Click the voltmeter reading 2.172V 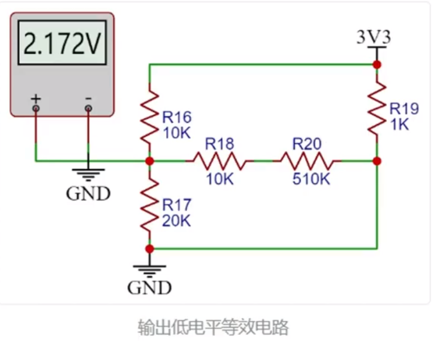coord(62,43)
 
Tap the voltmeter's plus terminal coord(36,109)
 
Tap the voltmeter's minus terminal coord(88,109)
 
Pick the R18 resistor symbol coord(220,161)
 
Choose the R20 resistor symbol coord(307,161)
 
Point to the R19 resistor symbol coord(377,109)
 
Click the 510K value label coord(311,179)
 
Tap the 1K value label coord(400,124)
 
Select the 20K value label coord(176,221)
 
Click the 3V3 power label coord(374,37)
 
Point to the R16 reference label coord(177,117)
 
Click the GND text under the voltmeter coord(88,193)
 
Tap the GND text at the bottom coord(149,288)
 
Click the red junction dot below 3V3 coord(377,65)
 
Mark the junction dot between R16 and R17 coord(150,161)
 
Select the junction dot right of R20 coord(377,161)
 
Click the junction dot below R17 coord(150,249)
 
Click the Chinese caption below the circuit coord(213,327)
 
